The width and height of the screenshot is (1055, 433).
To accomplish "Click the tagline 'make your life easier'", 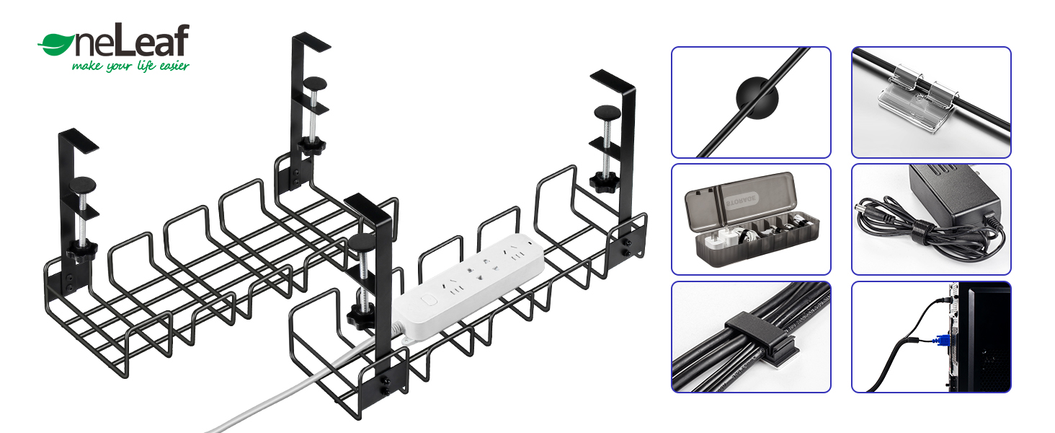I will (130, 66).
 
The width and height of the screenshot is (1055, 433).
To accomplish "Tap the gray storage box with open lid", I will (749, 220).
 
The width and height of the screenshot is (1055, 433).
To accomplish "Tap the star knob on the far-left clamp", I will (82, 252).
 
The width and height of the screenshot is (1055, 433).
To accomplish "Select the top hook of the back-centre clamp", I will (310, 42).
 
